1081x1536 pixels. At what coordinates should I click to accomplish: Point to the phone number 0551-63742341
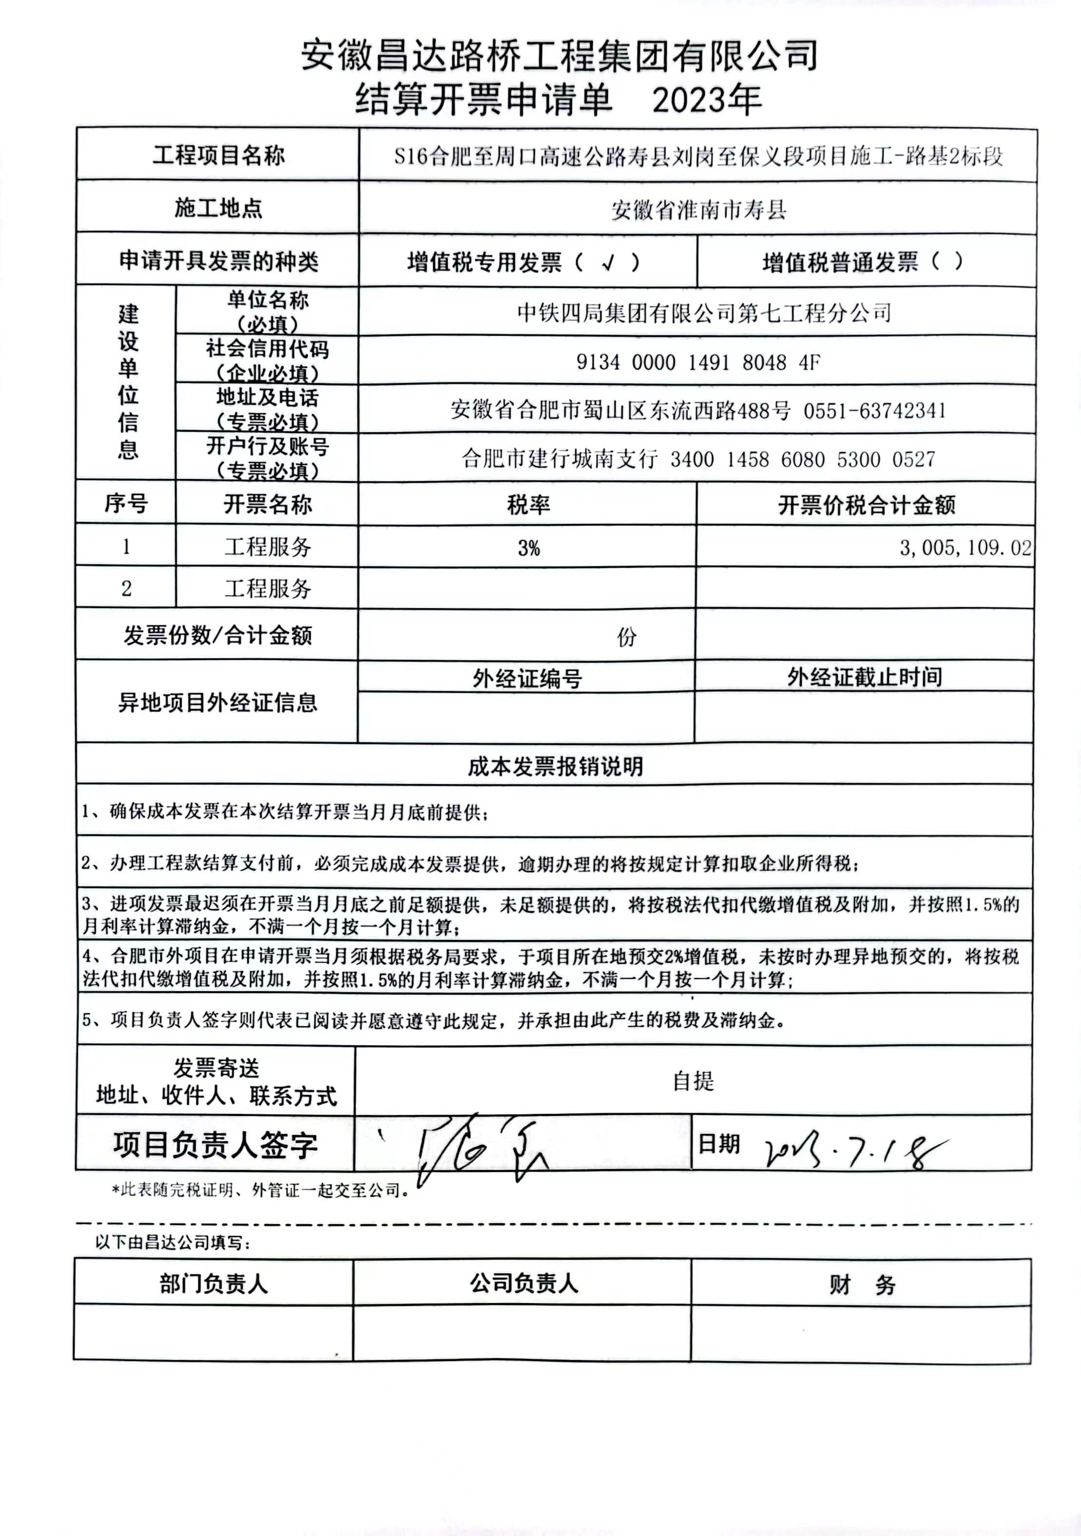click(874, 410)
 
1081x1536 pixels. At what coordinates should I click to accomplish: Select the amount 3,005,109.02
click(965, 548)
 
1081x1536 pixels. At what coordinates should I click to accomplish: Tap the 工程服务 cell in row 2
click(267, 589)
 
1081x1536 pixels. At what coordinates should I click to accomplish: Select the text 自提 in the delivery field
click(693, 1081)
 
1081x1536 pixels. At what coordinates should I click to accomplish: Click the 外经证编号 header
click(527, 678)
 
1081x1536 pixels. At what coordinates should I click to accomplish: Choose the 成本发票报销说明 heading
click(555, 766)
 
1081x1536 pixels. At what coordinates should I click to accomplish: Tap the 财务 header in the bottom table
click(862, 1285)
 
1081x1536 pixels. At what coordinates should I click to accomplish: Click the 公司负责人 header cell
click(523, 1283)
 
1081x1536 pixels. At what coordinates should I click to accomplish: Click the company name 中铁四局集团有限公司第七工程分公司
click(704, 312)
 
